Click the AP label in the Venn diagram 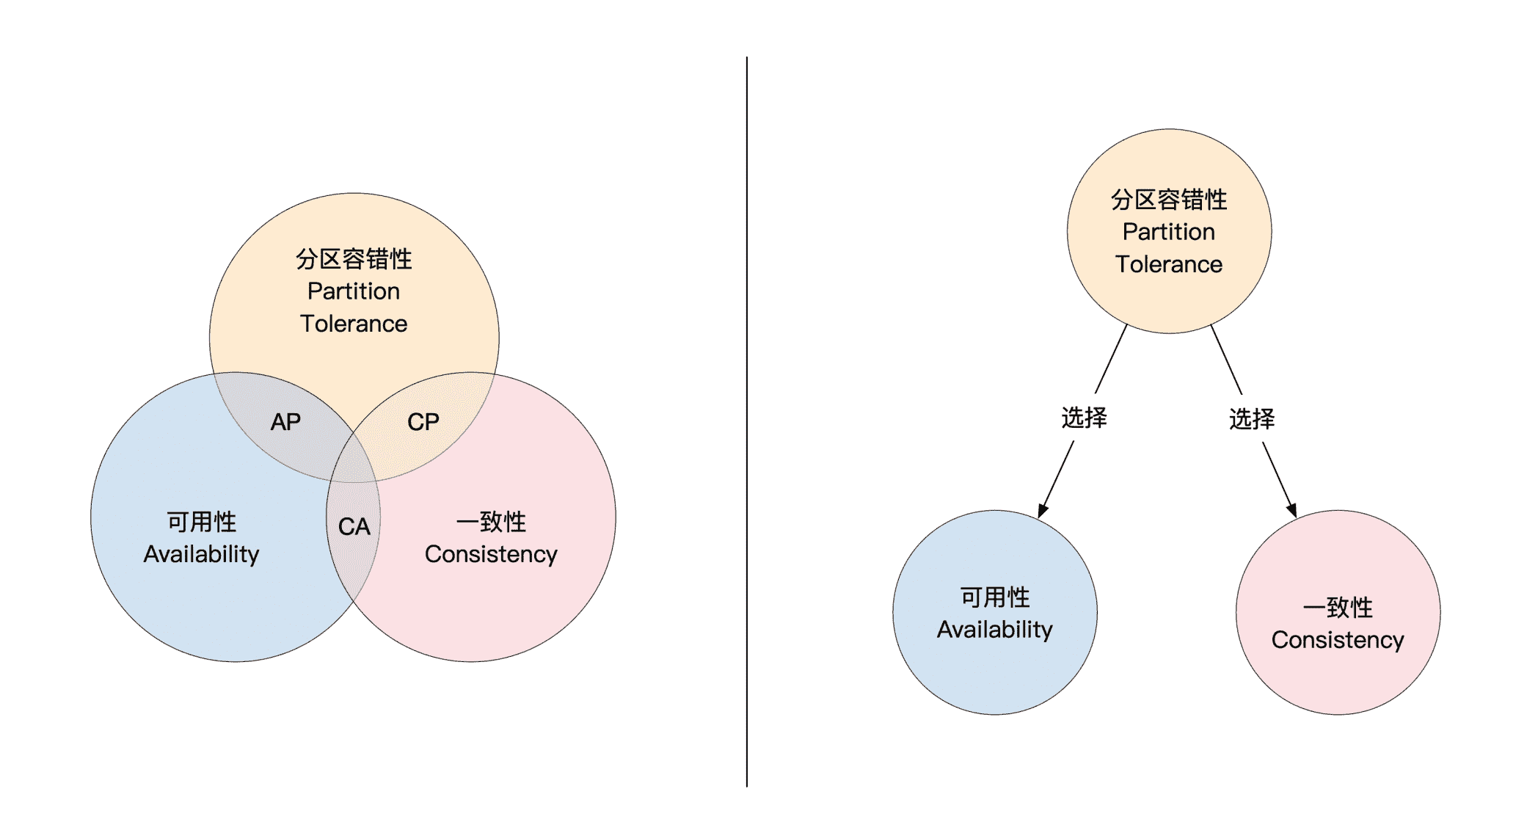285,422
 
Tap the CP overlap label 423,422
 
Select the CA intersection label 354,526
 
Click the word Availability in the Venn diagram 201,554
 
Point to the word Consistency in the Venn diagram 491,554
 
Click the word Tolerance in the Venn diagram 354,324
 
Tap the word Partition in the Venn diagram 354,291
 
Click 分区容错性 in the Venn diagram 354,259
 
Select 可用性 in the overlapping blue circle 202,522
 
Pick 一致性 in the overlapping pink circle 491,522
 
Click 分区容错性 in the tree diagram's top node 1169,200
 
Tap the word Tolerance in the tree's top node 1169,264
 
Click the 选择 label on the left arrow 1084,418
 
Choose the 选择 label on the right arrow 1252,419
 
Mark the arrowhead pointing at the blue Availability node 1043,511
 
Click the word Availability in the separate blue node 995,630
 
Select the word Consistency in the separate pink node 1338,640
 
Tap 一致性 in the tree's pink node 1338,608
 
